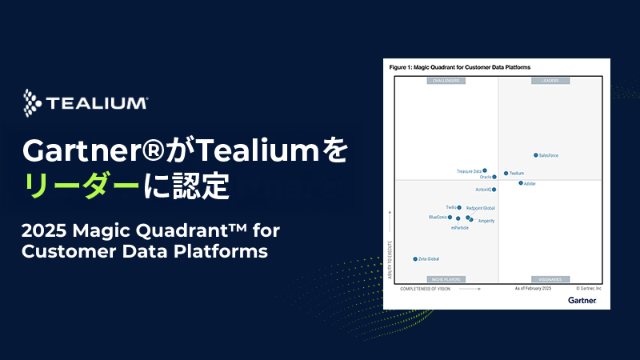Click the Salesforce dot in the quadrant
(536, 155)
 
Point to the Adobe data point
(521, 183)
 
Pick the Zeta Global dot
(415, 259)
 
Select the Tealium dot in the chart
(506, 173)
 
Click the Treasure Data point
(486, 171)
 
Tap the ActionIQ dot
(494, 190)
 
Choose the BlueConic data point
(450, 217)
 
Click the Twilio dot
(459, 207)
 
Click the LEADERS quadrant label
(550, 81)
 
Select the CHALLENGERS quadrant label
(447, 81)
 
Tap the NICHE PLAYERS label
(447, 279)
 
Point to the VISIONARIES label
(550, 279)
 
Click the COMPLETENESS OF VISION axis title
(426, 289)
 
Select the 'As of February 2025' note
(532, 289)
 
